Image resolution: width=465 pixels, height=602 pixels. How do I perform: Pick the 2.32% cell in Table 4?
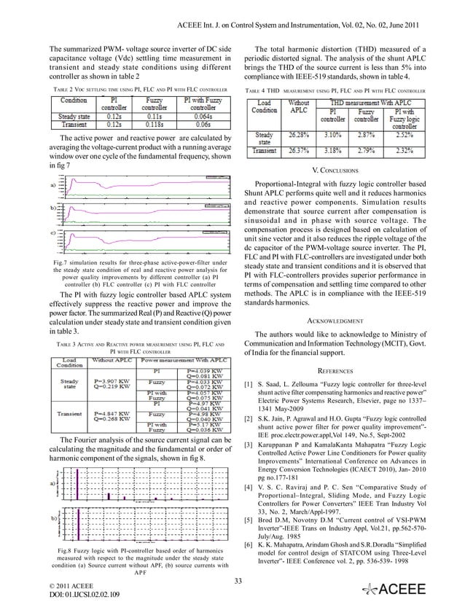pos(411,151)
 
